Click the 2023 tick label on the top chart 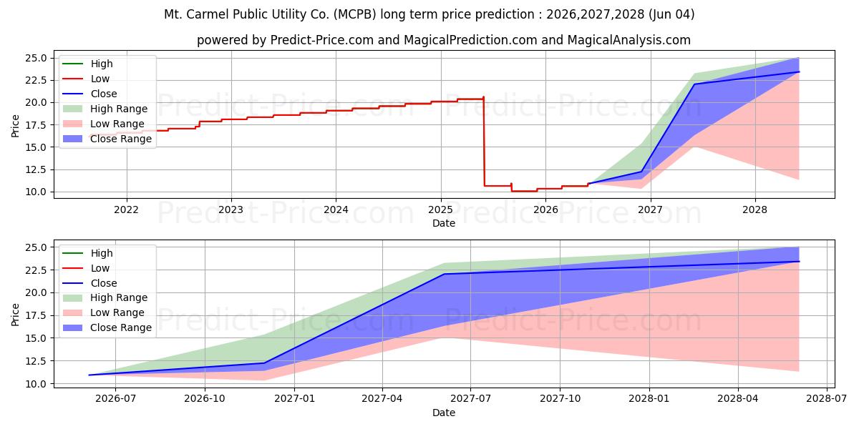(230, 210)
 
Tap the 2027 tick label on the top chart (651, 210)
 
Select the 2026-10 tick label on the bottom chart (205, 399)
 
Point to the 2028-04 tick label (738, 399)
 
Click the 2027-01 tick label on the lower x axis (294, 399)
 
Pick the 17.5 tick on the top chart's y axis (36, 125)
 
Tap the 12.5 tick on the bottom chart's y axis (36, 361)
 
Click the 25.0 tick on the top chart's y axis (36, 58)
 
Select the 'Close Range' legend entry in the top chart (107, 139)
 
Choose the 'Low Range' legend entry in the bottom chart (104, 312)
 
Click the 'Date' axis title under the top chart (444, 223)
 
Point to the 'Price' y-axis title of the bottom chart (15, 315)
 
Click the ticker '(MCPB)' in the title (355, 14)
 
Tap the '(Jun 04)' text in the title (671, 14)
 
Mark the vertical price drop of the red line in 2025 (484, 142)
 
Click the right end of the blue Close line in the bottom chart (799, 262)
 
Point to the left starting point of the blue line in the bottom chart (89, 375)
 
